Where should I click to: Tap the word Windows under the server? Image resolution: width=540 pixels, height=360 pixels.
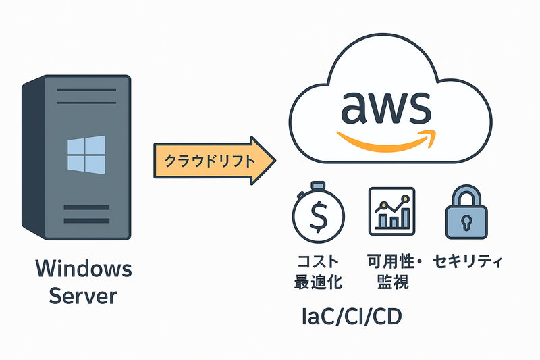(83, 269)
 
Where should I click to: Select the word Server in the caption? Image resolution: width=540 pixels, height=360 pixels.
(83, 296)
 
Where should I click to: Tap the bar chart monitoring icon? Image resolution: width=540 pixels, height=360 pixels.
(391, 211)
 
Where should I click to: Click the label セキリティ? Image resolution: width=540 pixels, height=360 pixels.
(469, 261)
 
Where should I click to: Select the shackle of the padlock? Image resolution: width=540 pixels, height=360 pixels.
(465, 197)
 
